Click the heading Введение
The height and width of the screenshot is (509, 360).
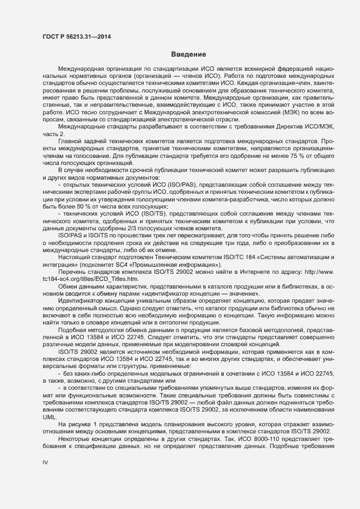coord(188,54)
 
